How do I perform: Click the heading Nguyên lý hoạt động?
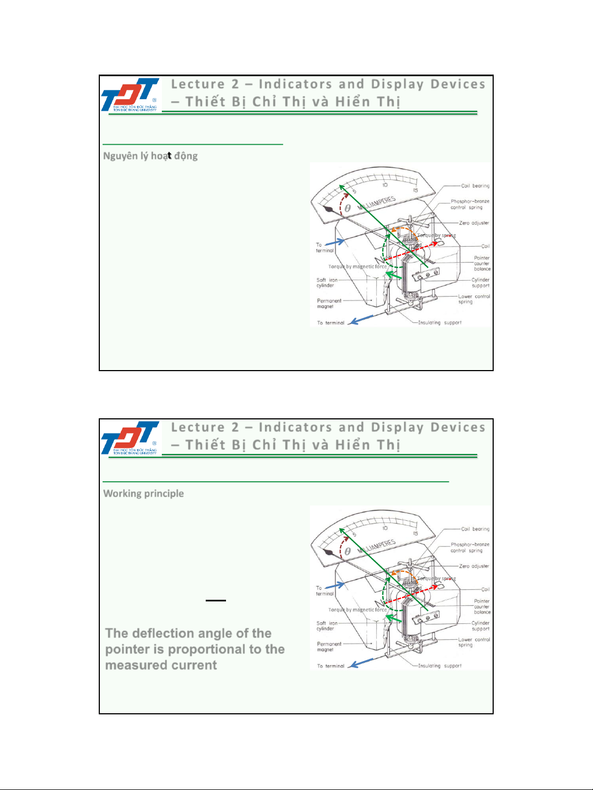[x=150, y=156]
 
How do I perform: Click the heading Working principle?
[x=144, y=493]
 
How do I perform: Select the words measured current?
[x=161, y=665]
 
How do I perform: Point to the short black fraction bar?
[x=216, y=601]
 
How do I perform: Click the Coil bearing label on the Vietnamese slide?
[x=475, y=186]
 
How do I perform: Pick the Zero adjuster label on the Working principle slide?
[x=474, y=566]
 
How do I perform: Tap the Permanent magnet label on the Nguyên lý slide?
[x=329, y=304]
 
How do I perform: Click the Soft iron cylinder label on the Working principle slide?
[x=326, y=626]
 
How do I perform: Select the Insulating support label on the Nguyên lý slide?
[x=439, y=323]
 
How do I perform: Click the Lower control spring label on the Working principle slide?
[x=474, y=642]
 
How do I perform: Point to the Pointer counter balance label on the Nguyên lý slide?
[x=482, y=263]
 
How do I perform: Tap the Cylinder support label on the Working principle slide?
[x=481, y=626]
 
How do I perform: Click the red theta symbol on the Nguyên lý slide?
[x=348, y=208]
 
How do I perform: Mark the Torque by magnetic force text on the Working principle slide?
[x=357, y=610]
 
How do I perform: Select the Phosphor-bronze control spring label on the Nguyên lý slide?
[x=470, y=204]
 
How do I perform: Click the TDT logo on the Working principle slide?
[x=131, y=437]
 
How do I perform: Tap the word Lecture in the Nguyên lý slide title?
[x=197, y=84]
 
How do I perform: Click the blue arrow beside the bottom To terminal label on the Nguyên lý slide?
[x=362, y=319]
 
